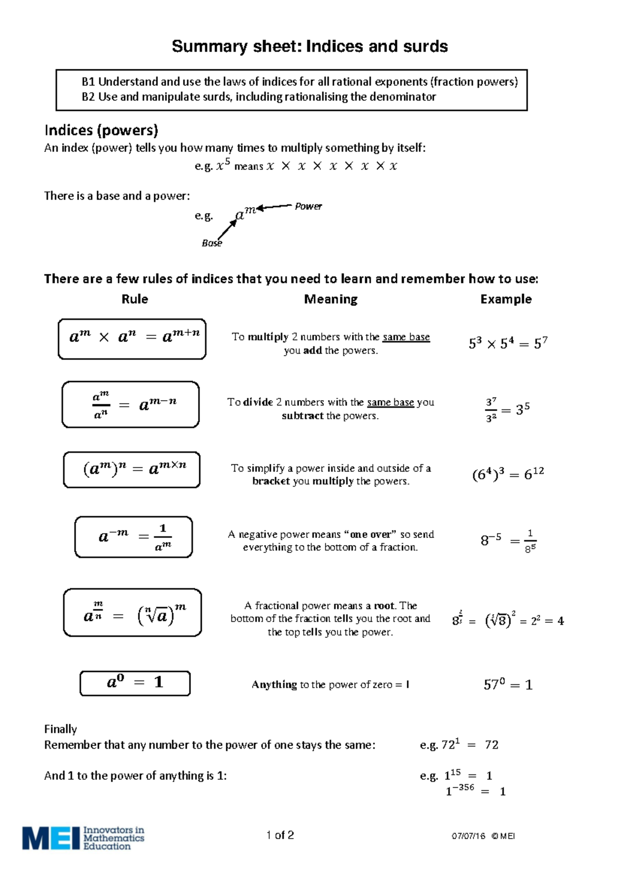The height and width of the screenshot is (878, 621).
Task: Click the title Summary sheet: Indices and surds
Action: [x=309, y=47]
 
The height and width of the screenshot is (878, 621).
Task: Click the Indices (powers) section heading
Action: [x=101, y=130]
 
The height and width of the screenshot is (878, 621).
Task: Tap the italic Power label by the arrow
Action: [x=308, y=206]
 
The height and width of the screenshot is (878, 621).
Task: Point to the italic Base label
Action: [x=212, y=243]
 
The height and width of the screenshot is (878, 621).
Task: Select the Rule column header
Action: [x=135, y=299]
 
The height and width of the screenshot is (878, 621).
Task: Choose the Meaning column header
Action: [x=331, y=299]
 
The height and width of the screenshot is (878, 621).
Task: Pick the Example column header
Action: [x=506, y=299]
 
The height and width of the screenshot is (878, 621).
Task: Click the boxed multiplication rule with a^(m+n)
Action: [x=132, y=339]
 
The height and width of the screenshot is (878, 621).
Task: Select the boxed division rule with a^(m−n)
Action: [x=130, y=404]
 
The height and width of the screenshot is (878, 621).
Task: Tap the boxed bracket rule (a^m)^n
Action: [x=132, y=470]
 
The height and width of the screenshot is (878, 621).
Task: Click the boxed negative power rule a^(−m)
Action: [x=134, y=537]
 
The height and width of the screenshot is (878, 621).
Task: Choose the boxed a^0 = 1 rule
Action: [x=135, y=683]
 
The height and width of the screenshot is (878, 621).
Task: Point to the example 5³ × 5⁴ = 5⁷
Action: [x=508, y=343]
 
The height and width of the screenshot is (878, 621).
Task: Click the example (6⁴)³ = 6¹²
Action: [x=508, y=474]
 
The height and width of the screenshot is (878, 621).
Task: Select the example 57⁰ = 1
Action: [x=508, y=685]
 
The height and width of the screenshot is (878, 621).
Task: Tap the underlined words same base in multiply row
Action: [x=406, y=337]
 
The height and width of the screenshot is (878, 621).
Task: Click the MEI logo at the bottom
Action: [x=83, y=838]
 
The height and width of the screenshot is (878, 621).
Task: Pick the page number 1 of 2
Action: [x=280, y=835]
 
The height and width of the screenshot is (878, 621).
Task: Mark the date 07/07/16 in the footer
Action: [x=468, y=836]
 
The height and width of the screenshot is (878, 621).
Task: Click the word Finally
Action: [x=61, y=729]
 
